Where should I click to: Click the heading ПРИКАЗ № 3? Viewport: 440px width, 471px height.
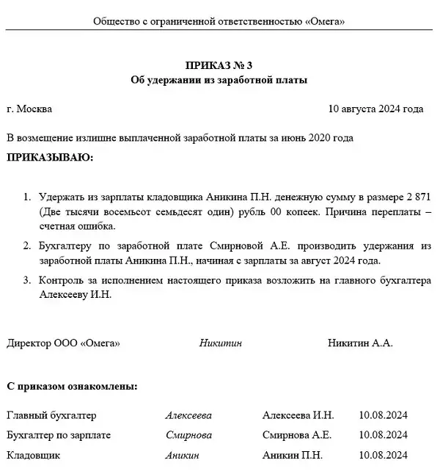coord(219,66)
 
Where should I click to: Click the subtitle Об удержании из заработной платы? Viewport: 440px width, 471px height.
coord(219,80)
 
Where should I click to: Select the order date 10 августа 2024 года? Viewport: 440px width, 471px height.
coord(376,109)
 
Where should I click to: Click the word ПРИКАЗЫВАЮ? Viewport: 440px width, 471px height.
coord(50,157)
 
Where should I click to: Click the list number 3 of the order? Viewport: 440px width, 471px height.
coord(27,281)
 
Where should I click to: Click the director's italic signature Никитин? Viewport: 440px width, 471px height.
coord(220,343)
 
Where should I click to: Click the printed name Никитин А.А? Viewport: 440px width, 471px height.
coord(360,343)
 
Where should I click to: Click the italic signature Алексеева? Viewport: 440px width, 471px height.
coord(188,415)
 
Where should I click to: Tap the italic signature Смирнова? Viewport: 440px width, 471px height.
coord(188,435)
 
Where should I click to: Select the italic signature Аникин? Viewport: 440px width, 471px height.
coord(182,455)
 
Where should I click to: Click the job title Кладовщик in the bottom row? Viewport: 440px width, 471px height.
coord(33,455)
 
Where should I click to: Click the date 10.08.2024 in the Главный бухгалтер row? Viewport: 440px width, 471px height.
coord(384,415)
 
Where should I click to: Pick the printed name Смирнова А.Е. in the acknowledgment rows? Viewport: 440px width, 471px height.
coord(297,435)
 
